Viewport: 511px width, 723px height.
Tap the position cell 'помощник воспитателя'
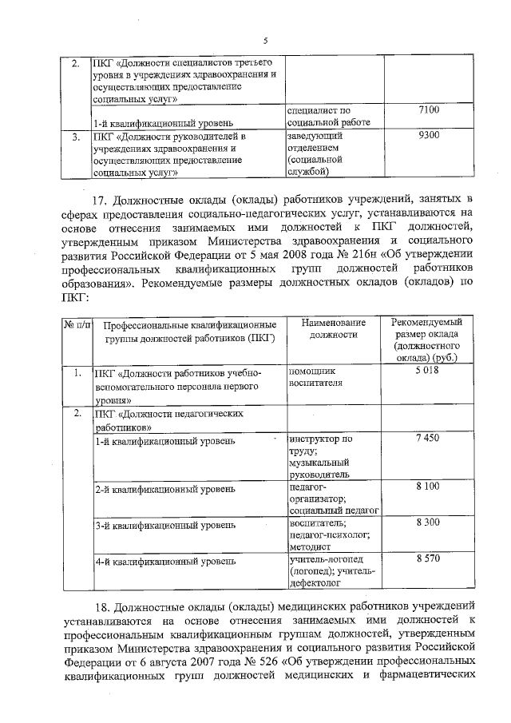click(x=315, y=377)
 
